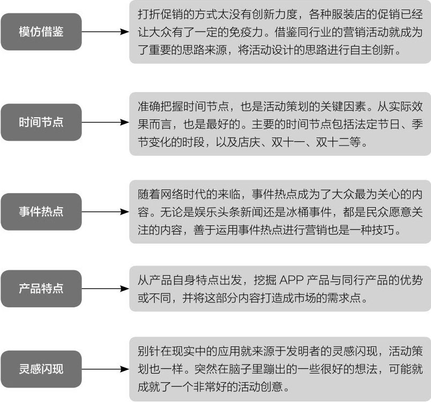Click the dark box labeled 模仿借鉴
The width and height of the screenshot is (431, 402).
(41, 32)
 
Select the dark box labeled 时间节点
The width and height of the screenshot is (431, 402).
(41, 122)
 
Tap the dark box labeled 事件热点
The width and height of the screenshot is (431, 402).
(41, 211)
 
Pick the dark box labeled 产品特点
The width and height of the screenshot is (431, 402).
(41, 289)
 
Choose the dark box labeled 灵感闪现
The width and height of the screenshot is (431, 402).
(41, 369)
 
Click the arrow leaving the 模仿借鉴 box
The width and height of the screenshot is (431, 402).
(105, 32)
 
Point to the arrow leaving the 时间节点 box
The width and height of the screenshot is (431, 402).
(105, 122)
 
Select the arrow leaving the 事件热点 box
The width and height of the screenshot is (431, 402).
(105, 211)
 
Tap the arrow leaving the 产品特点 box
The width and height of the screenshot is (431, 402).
(105, 289)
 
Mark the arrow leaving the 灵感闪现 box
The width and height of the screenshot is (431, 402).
(105, 369)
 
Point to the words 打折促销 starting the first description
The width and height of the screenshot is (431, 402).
(160, 14)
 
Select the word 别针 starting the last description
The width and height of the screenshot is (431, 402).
(149, 351)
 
